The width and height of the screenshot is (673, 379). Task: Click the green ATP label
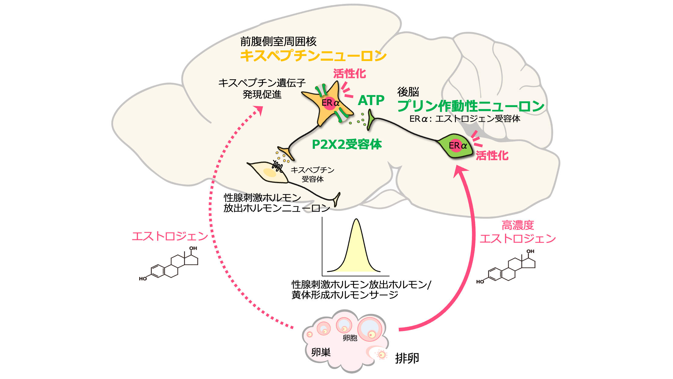371,100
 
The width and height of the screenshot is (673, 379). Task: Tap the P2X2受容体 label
347,145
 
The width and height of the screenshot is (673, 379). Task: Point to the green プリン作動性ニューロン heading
471,106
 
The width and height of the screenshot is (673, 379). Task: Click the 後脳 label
408,91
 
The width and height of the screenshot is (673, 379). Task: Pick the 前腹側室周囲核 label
278,41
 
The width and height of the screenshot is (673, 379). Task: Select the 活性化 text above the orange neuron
349,74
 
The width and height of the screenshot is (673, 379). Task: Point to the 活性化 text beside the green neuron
492,156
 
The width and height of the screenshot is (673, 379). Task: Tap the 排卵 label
407,358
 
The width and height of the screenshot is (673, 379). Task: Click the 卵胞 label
350,338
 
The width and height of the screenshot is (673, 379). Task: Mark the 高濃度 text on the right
517,225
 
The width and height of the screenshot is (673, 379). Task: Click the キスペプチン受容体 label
312,174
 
